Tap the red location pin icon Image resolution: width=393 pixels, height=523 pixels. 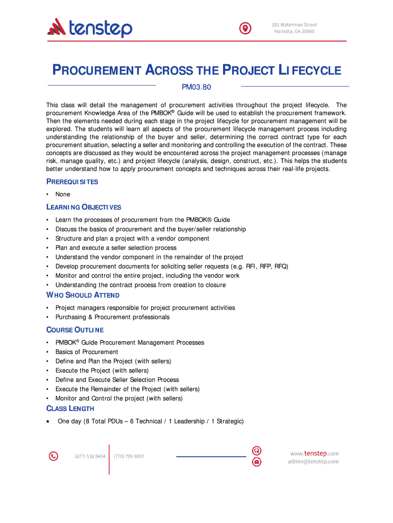click(x=246, y=28)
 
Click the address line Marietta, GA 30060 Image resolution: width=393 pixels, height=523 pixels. click(x=293, y=32)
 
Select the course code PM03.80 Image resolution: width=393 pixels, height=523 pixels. click(x=196, y=87)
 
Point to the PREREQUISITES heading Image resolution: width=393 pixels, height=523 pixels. click(x=72, y=182)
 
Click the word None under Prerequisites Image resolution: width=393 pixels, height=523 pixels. click(x=63, y=194)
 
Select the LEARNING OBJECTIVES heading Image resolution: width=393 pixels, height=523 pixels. click(x=84, y=207)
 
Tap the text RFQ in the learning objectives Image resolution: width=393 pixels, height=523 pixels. click(x=281, y=266)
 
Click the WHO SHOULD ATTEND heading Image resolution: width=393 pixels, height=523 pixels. click(x=83, y=295)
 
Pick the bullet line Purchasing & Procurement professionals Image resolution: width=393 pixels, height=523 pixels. click(x=112, y=317)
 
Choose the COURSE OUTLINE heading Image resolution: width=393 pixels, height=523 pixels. click(x=75, y=329)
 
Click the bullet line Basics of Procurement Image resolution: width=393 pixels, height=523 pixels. click(x=87, y=351)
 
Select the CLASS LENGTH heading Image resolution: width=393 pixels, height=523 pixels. click(x=70, y=408)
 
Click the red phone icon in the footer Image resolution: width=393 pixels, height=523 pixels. click(x=53, y=456)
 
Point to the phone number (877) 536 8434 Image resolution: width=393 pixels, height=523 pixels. click(x=90, y=456)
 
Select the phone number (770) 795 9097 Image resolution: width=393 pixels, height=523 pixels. click(x=129, y=456)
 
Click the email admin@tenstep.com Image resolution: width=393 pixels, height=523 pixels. click(x=313, y=462)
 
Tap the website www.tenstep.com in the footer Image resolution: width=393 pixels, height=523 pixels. click(x=314, y=454)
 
